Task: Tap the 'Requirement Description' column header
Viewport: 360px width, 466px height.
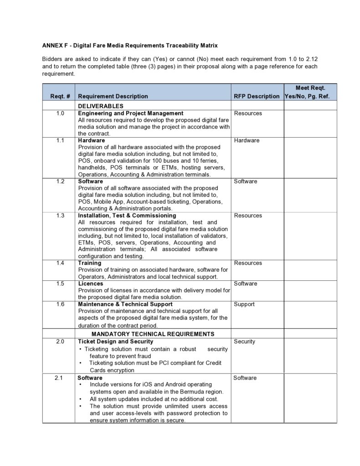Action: (113, 96)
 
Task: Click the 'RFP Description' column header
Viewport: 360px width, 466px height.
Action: (257, 96)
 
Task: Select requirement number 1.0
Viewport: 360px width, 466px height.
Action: (60, 113)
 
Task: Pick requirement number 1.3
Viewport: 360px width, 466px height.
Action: (60, 215)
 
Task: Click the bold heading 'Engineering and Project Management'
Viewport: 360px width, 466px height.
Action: (131, 113)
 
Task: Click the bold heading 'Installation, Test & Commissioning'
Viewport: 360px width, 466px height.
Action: (127, 215)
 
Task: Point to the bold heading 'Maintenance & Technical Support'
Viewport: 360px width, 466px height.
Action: (125, 304)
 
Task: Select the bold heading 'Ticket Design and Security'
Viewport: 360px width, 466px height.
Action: (116, 342)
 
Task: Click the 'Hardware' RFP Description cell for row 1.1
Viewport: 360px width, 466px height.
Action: (247, 140)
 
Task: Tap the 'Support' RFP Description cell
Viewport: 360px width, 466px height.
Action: (244, 304)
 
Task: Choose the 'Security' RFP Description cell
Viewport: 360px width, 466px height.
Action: (245, 342)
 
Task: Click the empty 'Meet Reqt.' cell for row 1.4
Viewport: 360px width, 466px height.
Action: (310, 269)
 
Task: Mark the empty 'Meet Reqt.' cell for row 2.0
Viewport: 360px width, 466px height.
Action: (310, 356)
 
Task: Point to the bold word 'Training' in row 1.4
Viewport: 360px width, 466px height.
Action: (90, 263)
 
